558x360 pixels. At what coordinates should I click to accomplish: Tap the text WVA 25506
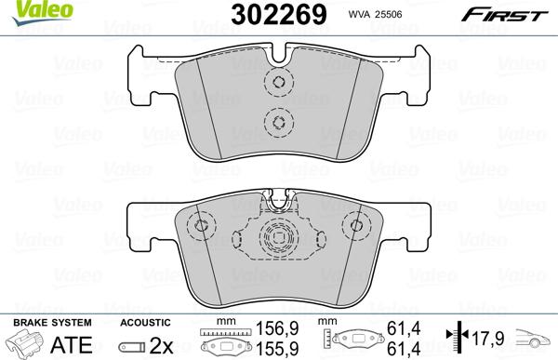pos(375,14)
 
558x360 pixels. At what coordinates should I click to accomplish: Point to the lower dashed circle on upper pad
pos(277,120)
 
